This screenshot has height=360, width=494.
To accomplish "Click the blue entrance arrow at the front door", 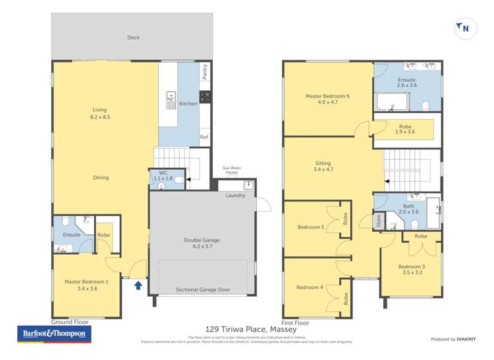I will pyautogui.click(x=138, y=285).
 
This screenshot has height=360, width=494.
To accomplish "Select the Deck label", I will pyautogui.click(x=133, y=38).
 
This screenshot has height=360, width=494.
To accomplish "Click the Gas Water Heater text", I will pyautogui.click(x=231, y=170).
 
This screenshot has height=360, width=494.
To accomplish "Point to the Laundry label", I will pyautogui.click(x=235, y=195).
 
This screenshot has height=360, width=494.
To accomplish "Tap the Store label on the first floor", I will pyautogui.click(x=378, y=222).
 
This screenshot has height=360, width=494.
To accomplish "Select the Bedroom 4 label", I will pyautogui.click(x=310, y=287).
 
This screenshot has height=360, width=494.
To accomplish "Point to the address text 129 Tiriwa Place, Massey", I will pyautogui.click(x=251, y=329).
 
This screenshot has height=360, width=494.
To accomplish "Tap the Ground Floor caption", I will pyautogui.click(x=69, y=322).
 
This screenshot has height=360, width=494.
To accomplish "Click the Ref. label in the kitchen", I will pyautogui.click(x=204, y=137).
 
